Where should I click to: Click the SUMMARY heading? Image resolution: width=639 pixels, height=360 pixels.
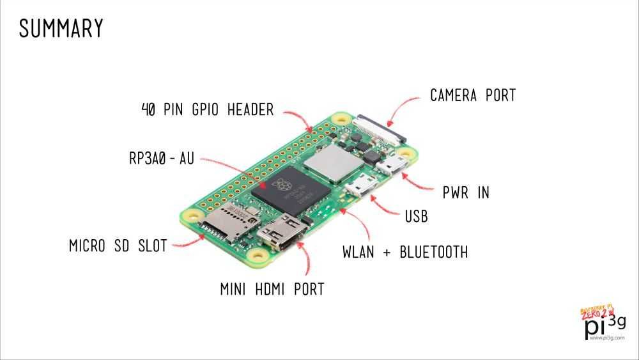[61, 29]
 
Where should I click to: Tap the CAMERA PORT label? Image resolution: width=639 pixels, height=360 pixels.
[472, 96]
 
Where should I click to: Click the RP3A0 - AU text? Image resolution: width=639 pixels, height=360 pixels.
[161, 159]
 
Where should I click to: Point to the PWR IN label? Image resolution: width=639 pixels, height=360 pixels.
[466, 192]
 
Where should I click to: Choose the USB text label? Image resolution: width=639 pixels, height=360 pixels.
[416, 217]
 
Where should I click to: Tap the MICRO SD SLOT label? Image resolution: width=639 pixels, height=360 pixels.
[118, 246]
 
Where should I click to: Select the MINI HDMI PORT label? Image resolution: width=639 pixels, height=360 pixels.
[272, 290]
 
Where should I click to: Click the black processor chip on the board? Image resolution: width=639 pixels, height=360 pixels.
[291, 190]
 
